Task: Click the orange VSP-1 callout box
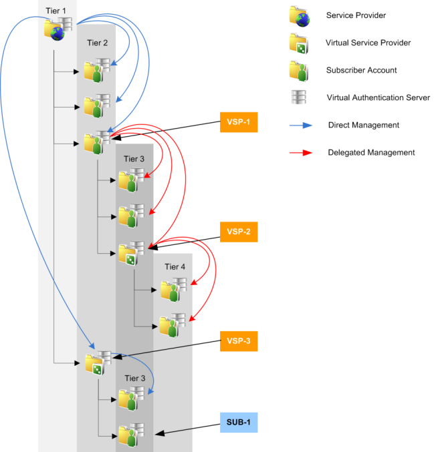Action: [239, 124]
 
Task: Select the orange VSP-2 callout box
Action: [239, 232]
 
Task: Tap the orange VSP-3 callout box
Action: [239, 341]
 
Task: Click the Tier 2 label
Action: [98, 43]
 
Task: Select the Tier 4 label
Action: [175, 266]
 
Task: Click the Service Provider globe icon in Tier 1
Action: [56, 29]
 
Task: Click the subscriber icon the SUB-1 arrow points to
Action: [129, 435]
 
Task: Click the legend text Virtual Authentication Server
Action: [378, 97]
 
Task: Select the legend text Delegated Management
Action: [371, 152]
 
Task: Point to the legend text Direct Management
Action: [364, 125]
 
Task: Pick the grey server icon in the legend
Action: [298, 97]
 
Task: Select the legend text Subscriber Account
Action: [361, 70]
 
